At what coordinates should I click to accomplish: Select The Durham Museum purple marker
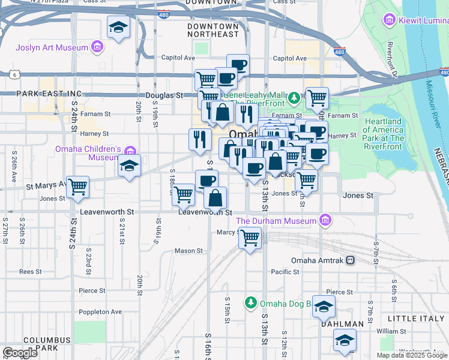325,221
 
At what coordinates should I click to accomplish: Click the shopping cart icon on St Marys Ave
77,187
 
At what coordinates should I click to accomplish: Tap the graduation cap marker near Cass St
119,27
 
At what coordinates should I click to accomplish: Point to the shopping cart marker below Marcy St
250,239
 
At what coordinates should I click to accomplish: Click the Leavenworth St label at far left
103,212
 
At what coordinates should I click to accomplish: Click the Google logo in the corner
20,353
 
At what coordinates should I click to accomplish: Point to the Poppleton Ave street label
100,311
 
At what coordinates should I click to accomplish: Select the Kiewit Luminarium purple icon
390,21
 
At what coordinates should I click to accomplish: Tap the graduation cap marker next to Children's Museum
128,166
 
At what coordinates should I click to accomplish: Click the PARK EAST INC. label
49,94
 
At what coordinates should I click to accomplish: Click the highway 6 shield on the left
13,74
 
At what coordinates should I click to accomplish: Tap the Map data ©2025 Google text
411,355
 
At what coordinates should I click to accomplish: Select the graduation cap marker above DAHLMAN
324,307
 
